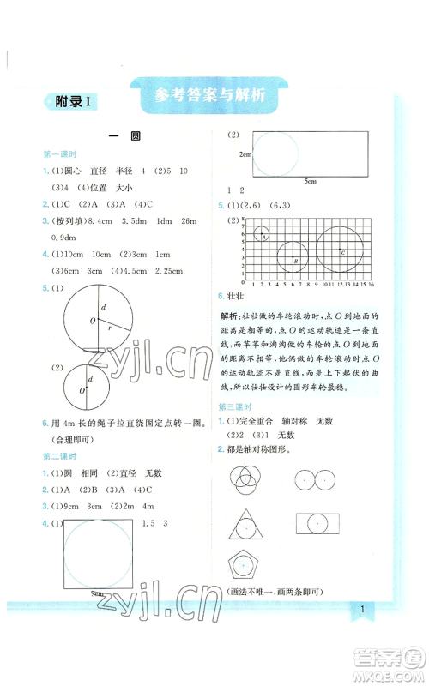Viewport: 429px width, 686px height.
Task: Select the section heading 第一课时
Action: click(60, 153)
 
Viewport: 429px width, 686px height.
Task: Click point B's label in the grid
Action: click(296, 260)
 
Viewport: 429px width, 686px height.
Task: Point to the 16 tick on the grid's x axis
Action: click(368, 283)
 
